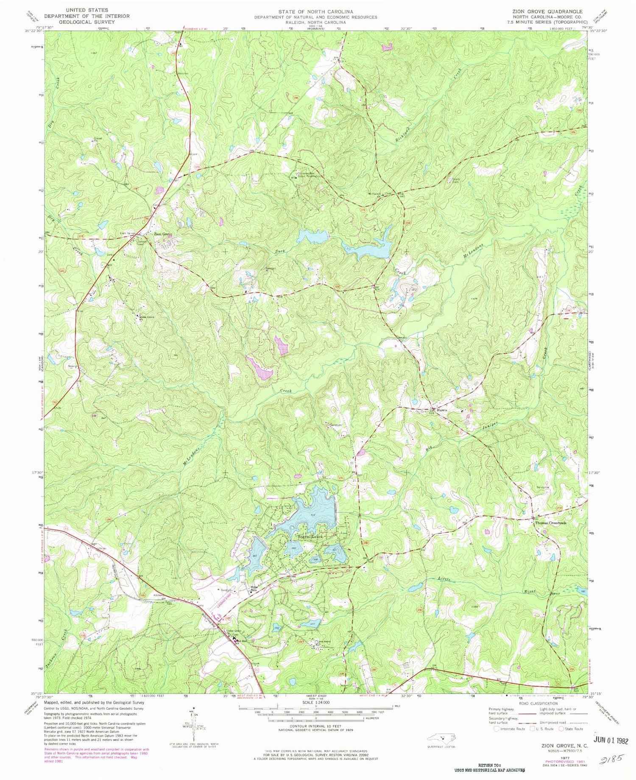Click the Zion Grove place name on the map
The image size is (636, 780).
tap(163, 234)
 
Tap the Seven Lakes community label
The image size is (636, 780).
tap(310, 537)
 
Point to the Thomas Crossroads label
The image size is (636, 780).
tap(550, 523)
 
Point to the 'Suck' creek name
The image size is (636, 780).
tap(279, 251)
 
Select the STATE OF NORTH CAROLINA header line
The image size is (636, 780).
tap(316, 11)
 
